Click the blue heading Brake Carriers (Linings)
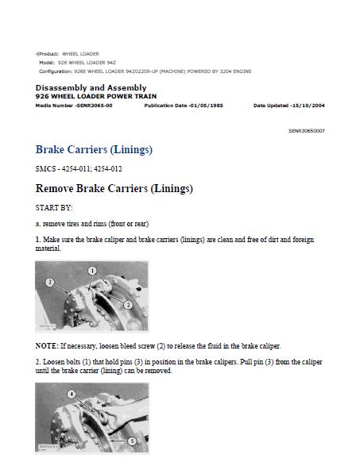coord(94,149)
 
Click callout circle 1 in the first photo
coord(92,271)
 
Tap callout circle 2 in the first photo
coord(50,283)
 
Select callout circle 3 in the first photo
coord(128,305)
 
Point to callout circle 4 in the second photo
coord(71,394)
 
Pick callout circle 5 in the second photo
coord(132,441)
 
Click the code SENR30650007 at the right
coord(307,131)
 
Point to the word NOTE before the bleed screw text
coord(46,346)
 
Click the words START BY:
coord(54,208)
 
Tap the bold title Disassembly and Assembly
coord(91,88)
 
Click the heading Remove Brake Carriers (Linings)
coord(114,188)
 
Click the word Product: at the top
coord(48,54)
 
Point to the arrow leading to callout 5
coord(118,441)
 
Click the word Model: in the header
coord(47,63)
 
